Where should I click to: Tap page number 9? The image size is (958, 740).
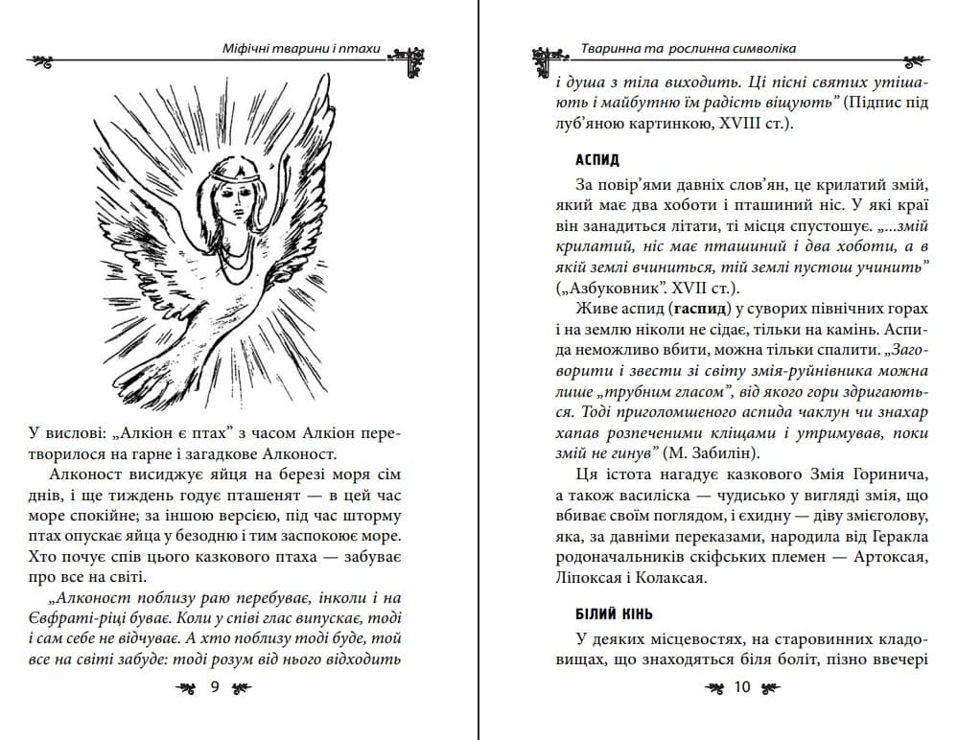pos(215,686)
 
